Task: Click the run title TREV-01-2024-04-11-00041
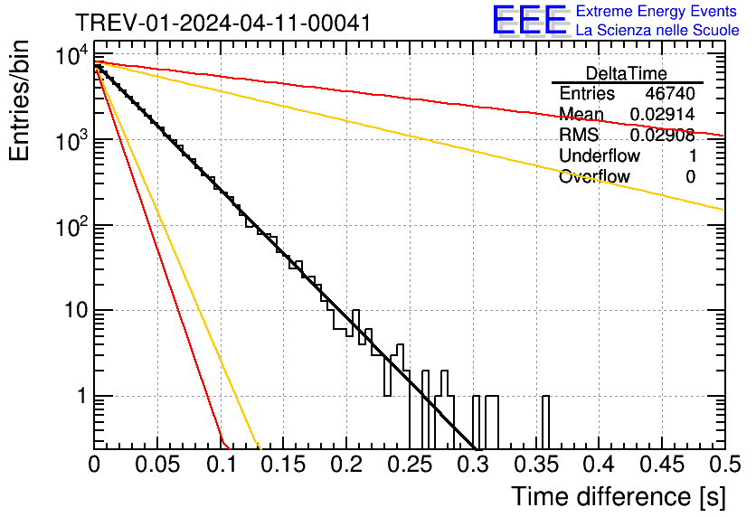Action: (x=222, y=23)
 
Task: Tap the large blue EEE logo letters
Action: (x=529, y=21)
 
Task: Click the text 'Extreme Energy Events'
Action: (x=657, y=12)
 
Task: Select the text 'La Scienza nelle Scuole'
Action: (x=657, y=30)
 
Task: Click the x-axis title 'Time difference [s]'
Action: (x=618, y=496)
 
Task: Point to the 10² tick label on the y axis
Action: (x=70, y=225)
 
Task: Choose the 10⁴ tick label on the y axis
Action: (x=70, y=56)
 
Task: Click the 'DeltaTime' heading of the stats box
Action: (x=627, y=73)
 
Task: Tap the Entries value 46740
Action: (x=670, y=94)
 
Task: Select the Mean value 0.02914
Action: (x=662, y=115)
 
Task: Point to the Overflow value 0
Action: (x=690, y=177)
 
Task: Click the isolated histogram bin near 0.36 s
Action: (x=546, y=420)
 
